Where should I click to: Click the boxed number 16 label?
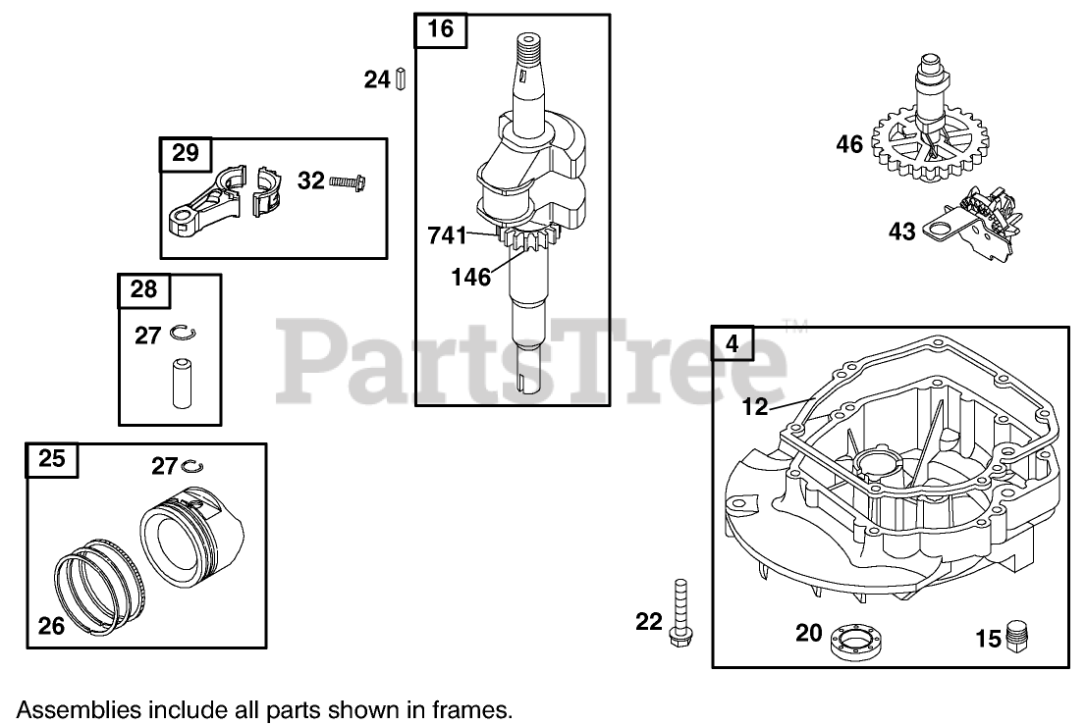point(441,29)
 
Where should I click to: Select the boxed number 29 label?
point(185,153)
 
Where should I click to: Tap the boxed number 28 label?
point(143,289)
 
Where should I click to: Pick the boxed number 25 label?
point(52,458)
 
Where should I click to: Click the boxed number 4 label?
point(732,342)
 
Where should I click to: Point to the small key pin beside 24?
point(401,78)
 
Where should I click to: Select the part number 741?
point(448,235)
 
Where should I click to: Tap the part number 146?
point(470,278)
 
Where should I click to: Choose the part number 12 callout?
point(754,405)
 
